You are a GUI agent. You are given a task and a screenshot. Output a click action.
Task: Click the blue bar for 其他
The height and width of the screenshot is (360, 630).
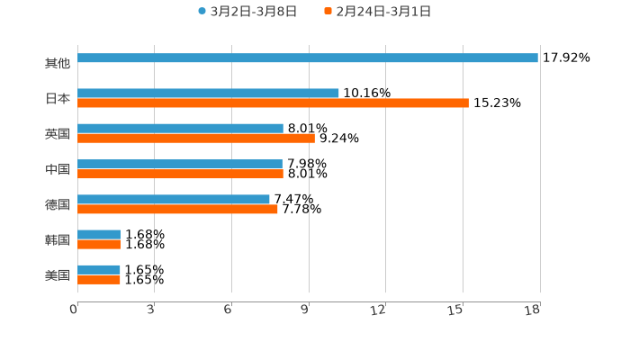(308, 58)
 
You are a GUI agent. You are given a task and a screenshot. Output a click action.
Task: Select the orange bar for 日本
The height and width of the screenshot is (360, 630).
(273, 103)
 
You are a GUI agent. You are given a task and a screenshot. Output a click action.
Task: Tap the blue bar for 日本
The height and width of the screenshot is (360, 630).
(208, 94)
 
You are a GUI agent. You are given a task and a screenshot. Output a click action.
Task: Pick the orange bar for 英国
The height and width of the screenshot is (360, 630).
(196, 139)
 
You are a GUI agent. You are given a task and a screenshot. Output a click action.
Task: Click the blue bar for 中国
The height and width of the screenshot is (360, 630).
(180, 165)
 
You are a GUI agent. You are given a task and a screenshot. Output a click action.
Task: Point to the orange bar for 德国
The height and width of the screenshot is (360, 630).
(177, 210)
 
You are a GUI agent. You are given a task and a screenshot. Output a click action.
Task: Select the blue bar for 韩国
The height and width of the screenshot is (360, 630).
(99, 235)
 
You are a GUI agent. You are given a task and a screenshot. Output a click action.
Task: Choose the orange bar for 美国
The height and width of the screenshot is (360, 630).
(99, 280)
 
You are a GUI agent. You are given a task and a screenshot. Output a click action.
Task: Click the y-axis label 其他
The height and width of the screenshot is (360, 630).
(58, 64)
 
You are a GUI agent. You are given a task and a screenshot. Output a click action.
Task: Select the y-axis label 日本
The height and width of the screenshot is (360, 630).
(58, 99)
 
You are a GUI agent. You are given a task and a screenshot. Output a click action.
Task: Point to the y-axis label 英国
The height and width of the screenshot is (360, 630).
(58, 134)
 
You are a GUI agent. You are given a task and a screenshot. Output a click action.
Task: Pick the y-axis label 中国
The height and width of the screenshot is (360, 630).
(58, 169)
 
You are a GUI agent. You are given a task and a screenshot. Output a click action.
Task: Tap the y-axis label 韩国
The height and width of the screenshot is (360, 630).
(58, 240)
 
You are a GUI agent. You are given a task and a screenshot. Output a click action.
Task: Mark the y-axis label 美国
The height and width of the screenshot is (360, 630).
(58, 275)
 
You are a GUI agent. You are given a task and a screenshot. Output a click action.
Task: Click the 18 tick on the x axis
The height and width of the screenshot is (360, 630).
(533, 310)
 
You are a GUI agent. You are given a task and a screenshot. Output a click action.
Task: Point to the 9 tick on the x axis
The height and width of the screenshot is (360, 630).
(304, 310)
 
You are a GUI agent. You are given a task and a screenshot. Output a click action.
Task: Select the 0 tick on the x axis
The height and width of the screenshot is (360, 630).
(74, 310)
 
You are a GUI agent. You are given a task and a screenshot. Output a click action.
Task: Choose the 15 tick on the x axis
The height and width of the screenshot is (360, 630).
(456, 310)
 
